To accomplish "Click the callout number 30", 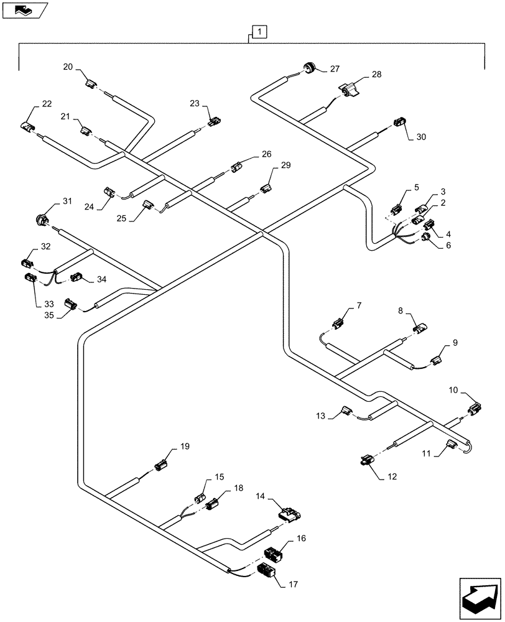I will click(x=421, y=136).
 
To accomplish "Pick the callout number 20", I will click(x=67, y=67).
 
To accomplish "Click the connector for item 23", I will click(x=214, y=121).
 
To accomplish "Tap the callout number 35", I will click(x=49, y=316).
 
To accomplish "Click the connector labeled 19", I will click(x=161, y=465).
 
